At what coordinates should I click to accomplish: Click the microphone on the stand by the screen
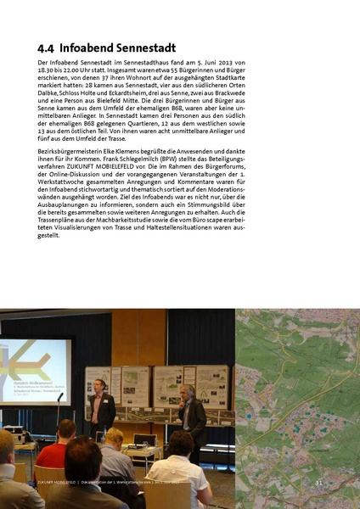click(x=60, y=395)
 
